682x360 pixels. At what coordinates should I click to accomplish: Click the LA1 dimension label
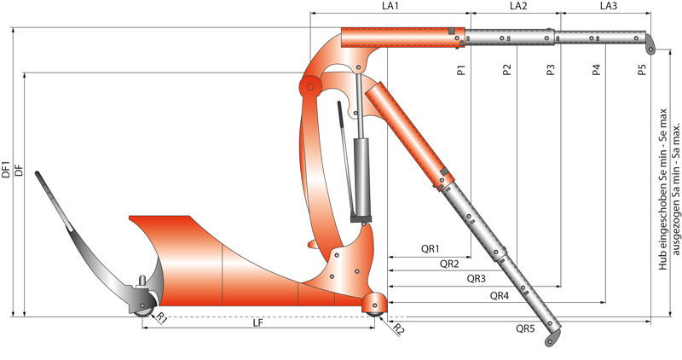coord(390,6)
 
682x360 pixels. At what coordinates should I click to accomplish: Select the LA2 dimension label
coord(518,6)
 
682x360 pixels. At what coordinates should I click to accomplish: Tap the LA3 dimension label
coord(608,6)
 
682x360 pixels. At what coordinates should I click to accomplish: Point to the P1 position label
coord(462,70)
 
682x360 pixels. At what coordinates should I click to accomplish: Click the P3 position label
coord(551,70)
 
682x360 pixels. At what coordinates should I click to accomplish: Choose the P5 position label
coord(642,70)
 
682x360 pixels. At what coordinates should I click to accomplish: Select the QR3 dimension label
coord(477,279)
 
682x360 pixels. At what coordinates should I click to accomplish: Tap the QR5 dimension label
coord(525,328)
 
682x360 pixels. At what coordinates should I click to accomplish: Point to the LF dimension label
coord(258,322)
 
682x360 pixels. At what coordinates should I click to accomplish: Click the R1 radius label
coord(162,318)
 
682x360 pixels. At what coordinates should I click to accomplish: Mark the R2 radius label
coord(399,329)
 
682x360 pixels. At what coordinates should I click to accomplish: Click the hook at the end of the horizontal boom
coord(650,44)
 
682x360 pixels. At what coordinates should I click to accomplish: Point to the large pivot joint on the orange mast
coord(310,87)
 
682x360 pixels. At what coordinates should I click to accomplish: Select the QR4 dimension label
coord(500,296)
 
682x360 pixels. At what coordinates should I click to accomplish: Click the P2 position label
coord(506,70)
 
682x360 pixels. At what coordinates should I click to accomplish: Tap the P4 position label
coord(596,70)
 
